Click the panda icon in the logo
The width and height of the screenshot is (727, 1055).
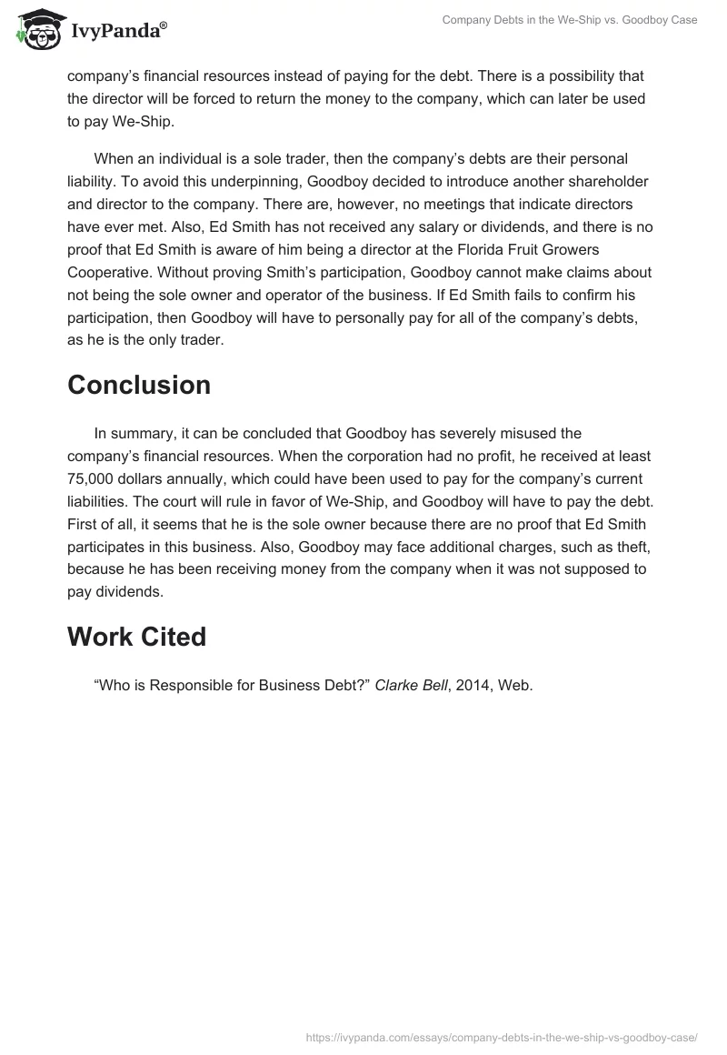point(37,30)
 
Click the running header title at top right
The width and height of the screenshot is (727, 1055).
point(569,20)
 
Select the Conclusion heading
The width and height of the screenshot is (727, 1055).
point(139,385)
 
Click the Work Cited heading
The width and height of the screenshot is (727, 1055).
point(136,637)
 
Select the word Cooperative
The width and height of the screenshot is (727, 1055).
point(106,272)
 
